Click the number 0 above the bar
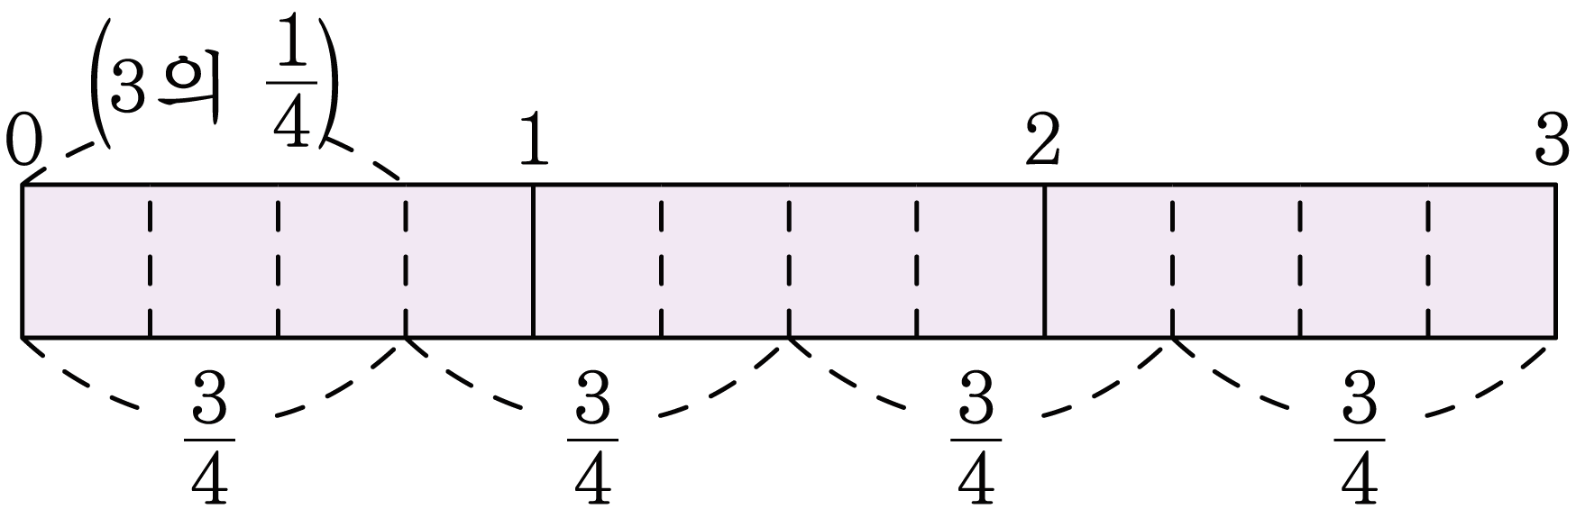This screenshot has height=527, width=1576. pyautogui.click(x=23, y=141)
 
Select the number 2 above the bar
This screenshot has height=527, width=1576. pyautogui.click(x=1043, y=141)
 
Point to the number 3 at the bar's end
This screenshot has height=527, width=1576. pyautogui.click(x=1553, y=141)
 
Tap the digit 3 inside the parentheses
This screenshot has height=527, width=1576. pyautogui.click(x=126, y=90)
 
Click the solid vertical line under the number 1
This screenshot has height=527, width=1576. pyautogui.click(x=534, y=260)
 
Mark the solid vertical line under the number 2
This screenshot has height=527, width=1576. pyautogui.click(x=1044, y=260)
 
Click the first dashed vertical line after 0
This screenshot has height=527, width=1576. pyautogui.click(x=150, y=260)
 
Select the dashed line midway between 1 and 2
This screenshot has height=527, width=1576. pyautogui.click(x=789, y=260)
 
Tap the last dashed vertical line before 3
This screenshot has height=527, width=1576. pyautogui.click(x=1428, y=260)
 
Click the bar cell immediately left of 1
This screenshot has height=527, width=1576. pyautogui.click(x=470, y=260)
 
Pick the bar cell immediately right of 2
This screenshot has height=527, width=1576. pyautogui.click(x=1108, y=260)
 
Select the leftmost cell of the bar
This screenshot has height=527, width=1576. pyautogui.click(x=86, y=260)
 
